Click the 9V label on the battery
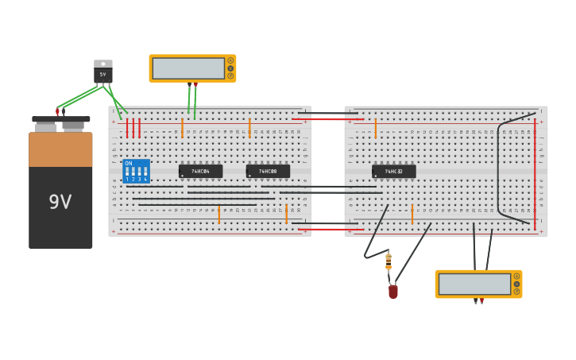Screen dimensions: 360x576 (x=60, y=202)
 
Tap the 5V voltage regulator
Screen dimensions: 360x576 (x=103, y=74)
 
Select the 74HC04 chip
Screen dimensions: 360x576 (x=200, y=171)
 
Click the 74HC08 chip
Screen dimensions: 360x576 (x=268, y=171)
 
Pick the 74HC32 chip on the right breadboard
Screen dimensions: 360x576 (x=393, y=171)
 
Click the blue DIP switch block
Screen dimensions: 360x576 (x=136, y=171)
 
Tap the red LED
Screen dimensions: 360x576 (x=392, y=292)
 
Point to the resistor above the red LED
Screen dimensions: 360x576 (x=389, y=261)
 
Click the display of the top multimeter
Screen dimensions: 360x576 (x=188, y=68)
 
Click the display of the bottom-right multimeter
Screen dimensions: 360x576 (x=474, y=284)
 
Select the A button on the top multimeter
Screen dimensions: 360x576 (x=230, y=60)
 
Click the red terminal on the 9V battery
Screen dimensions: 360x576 (x=57, y=112)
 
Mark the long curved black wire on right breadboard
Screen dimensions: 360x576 (x=498, y=167)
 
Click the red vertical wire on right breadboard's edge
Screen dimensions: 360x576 (x=535, y=175)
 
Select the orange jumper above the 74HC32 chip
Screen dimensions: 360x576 (x=375, y=128)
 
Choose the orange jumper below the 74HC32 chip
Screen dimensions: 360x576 (x=412, y=214)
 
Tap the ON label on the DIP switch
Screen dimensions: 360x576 (x=129, y=163)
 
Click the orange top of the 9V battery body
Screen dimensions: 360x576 (x=60, y=149)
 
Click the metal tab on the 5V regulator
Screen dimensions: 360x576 (x=103, y=64)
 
